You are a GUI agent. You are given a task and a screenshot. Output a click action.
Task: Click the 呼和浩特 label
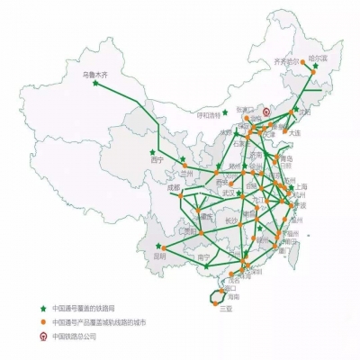tap(208, 114)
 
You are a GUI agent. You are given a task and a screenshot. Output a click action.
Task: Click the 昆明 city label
tap(160, 256)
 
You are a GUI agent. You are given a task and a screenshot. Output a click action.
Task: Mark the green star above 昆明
tap(159, 245)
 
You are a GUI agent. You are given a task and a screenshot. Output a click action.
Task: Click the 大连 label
tap(293, 132)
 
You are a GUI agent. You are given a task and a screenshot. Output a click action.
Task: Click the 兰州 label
tap(187, 171)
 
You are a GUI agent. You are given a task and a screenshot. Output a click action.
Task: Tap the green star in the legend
tap(42, 308)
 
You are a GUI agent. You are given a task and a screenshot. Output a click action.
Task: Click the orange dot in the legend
tap(42, 322)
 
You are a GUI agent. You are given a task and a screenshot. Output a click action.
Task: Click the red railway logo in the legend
tap(42, 337)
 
